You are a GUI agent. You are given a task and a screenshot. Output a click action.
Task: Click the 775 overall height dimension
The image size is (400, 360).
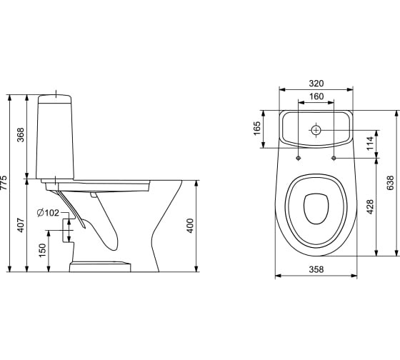coord(4,183)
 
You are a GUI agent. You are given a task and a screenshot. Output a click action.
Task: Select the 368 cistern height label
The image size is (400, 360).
coord(20,135)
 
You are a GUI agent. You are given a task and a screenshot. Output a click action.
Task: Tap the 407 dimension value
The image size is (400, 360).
coord(21,225)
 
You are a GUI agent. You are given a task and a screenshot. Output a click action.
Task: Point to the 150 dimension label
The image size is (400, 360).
coord(42,250)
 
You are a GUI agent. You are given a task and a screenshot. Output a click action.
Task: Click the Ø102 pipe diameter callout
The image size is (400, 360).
coord(48,213)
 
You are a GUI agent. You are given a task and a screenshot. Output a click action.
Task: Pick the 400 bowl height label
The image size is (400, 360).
coord(190,226)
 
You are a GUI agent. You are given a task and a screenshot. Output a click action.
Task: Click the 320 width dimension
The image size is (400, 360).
coord(316,83)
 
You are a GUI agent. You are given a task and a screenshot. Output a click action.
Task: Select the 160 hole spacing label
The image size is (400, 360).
coord(316,96)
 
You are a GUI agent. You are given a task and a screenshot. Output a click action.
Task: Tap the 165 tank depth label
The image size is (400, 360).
coord(257,129)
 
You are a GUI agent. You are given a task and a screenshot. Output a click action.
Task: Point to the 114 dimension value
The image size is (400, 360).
coord(370,144)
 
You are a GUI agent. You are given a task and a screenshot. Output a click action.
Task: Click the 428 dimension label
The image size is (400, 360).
coord(370,206)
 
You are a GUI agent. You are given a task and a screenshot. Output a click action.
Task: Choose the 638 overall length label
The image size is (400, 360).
coord(390,183)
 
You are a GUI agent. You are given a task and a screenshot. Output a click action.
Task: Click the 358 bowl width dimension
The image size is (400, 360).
coord(316,269)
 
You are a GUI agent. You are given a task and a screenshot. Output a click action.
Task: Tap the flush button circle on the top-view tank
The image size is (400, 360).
coord(316,131)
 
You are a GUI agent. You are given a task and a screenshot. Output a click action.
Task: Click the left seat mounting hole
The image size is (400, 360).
coord(299,158)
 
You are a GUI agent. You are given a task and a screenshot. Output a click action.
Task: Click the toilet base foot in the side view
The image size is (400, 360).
coord(100,266)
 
